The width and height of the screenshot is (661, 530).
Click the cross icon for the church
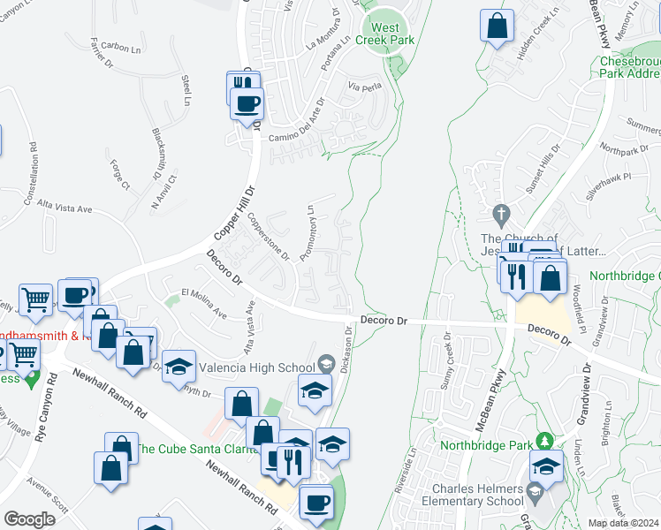[502, 214]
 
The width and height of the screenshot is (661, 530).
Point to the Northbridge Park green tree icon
[545, 440]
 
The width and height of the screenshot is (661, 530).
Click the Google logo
[29, 519]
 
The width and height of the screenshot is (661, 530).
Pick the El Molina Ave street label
[204, 303]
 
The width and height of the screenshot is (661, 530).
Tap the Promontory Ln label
[307, 232]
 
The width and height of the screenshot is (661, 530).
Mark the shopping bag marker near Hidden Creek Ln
[498, 26]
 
